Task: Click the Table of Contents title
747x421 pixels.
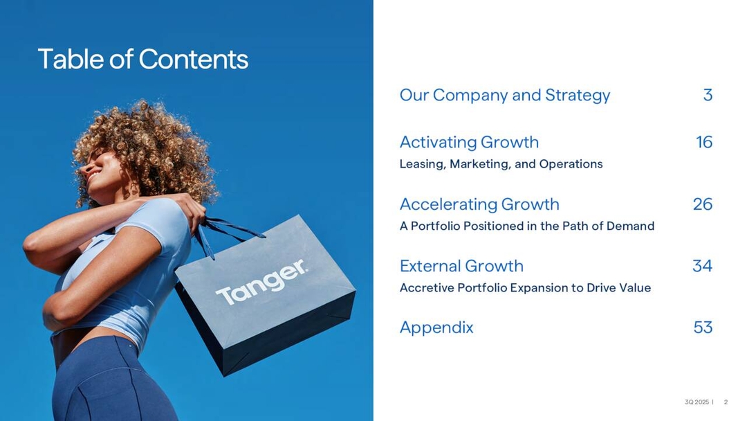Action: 142,60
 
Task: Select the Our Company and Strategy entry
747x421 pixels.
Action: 505,96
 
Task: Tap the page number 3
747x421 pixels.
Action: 708,96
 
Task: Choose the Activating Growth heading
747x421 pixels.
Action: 469,143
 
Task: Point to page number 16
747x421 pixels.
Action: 704,143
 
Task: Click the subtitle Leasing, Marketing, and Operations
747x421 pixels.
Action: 501,164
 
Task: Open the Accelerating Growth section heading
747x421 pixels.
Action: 479,204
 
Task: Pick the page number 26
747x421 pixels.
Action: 702,204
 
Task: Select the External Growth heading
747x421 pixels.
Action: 461,266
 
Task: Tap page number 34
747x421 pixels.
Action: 702,266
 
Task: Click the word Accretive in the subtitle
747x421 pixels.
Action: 427,288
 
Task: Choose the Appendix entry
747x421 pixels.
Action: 436,328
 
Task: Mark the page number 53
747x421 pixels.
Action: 703,328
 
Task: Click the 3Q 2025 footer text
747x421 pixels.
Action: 697,402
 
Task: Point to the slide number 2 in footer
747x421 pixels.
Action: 726,402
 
